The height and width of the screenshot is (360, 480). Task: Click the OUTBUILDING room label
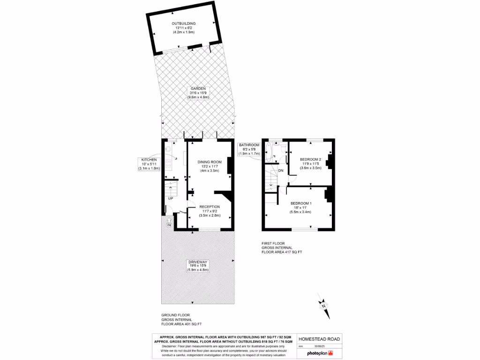(x=183, y=23)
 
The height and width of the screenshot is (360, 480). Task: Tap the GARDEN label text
(x=197, y=88)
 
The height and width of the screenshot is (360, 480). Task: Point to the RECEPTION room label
(x=210, y=207)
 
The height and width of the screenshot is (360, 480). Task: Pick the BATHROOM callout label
(x=249, y=145)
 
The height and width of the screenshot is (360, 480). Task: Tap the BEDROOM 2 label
(x=310, y=159)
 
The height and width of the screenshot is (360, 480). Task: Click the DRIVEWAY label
(x=198, y=262)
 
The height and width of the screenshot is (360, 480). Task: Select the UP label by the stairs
(x=171, y=198)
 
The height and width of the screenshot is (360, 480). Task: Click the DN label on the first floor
(x=280, y=170)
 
